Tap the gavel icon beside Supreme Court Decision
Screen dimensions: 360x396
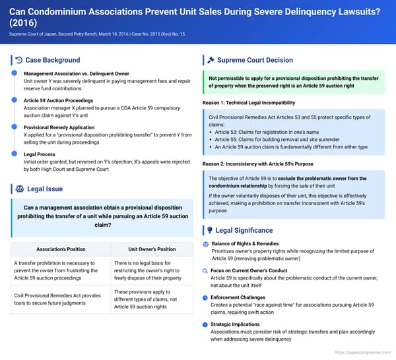(x=209, y=60)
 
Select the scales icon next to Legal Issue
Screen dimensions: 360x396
(x=18, y=189)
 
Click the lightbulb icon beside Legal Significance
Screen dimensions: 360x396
(x=210, y=230)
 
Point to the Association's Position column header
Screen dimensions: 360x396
(x=60, y=249)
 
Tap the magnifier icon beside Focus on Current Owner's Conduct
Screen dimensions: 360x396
(x=206, y=271)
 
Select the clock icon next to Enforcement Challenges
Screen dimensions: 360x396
(x=206, y=297)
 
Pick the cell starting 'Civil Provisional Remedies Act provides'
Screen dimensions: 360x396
(x=60, y=299)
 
